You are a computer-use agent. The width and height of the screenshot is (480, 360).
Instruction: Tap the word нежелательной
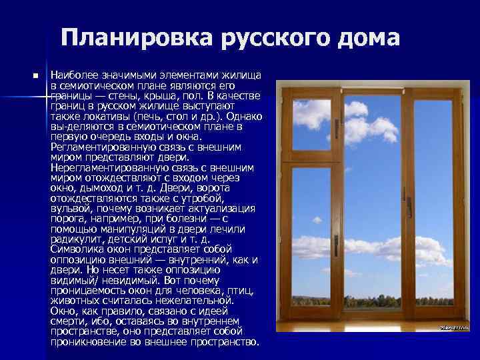click(195, 301)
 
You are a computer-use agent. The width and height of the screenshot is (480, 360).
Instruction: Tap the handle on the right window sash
click(408, 206)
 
